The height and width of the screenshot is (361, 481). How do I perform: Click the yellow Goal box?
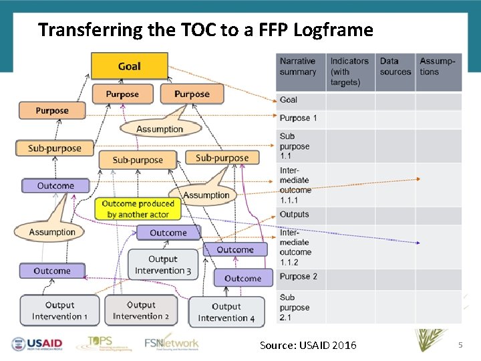pyautogui.click(x=129, y=66)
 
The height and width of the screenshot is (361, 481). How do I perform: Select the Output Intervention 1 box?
pyautogui.click(x=59, y=311)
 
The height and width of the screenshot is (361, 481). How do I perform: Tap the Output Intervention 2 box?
pyautogui.click(x=141, y=311)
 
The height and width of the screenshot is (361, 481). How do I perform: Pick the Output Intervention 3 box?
pyautogui.click(x=163, y=265)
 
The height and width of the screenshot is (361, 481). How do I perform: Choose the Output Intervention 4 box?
pyautogui.click(x=226, y=312)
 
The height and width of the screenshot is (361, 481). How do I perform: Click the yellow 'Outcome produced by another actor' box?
pyautogui.click(x=138, y=209)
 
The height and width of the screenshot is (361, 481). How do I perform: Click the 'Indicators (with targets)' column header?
pyautogui.click(x=349, y=72)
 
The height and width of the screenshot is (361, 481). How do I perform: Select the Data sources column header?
pyautogui.click(x=395, y=67)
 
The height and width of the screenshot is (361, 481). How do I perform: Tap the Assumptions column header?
pyautogui.click(x=438, y=67)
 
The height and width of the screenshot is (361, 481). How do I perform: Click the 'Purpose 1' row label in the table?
pyautogui.click(x=298, y=118)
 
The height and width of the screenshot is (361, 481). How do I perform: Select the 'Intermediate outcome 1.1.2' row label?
pyautogui.click(x=295, y=247)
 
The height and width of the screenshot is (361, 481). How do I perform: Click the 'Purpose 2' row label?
pyautogui.click(x=298, y=277)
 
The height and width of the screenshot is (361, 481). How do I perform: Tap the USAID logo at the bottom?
pyautogui.click(x=37, y=344)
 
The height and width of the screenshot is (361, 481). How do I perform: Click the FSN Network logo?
pyautogui.click(x=172, y=343)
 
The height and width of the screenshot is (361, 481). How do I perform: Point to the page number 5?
pyautogui.click(x=460, y=344)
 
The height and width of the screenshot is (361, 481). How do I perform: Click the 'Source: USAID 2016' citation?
pyautogui.click(x=308, y=345)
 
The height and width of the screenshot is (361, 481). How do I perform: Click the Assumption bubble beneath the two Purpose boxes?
pyautogui.click(x=160, y=129)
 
